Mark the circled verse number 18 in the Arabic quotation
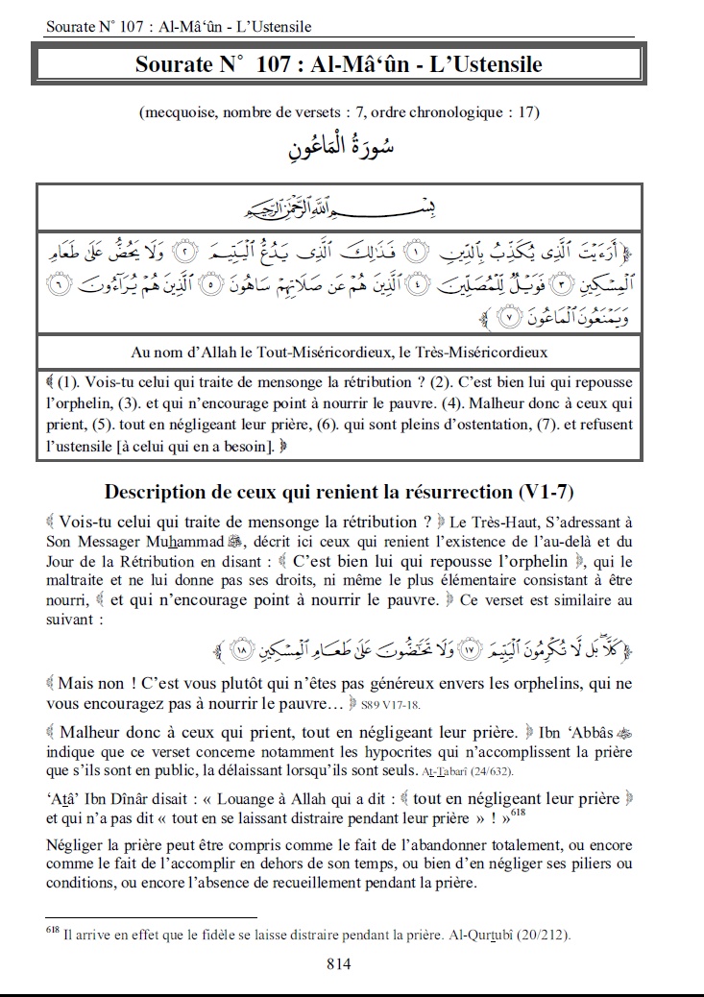coord(241,652)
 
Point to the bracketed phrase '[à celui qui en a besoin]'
coord(186,445)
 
